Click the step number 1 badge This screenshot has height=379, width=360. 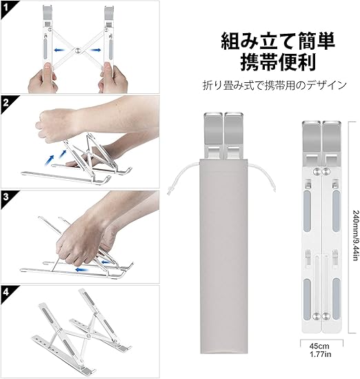(x=6, y=8)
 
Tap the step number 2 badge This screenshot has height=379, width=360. (x=6, y=103)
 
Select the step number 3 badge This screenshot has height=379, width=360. (x=6, y=197)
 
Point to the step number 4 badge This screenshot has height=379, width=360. (x=6, y=292)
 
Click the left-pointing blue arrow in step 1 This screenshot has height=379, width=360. (x=59, y=50)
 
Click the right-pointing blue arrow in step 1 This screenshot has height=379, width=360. (x=95, y=50)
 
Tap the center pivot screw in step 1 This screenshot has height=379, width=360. (x=77, y=50)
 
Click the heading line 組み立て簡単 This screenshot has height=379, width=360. (x=278, y=41)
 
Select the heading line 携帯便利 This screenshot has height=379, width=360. (x=278, y=61)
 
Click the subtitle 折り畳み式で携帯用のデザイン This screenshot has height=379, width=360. (x=274, y=85)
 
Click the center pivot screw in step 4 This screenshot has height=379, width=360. (x=88, y=336)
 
